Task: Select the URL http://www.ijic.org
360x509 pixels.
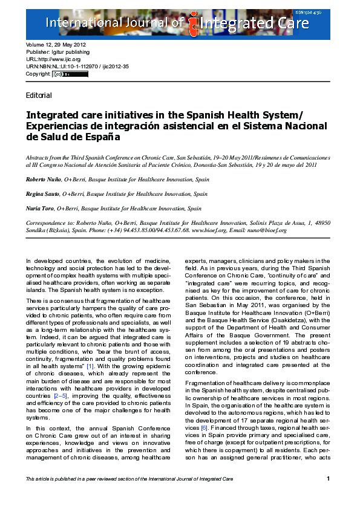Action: tap(53, 60)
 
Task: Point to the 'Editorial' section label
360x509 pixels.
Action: tap(39, 96)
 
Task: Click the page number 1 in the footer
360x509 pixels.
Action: tap(328, 479)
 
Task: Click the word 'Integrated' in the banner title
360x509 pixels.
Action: tap(232, 24)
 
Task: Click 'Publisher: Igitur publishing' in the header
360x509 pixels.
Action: tap(58, 53)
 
